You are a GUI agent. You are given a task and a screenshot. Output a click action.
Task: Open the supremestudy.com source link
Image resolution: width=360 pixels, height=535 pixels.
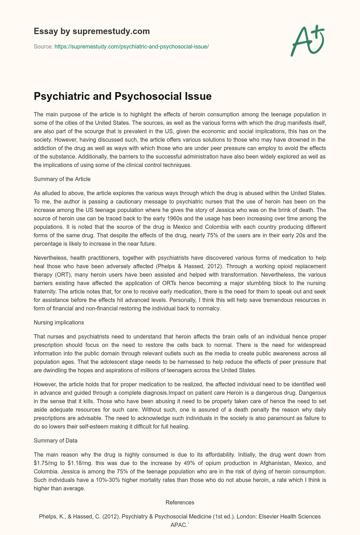131,46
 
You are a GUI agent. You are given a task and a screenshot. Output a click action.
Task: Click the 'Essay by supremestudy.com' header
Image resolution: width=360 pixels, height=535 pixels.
92,31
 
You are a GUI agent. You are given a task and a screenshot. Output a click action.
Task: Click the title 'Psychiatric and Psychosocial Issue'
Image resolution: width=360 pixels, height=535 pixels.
122,96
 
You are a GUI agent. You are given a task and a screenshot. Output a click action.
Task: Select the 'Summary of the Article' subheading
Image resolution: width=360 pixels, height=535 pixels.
62,179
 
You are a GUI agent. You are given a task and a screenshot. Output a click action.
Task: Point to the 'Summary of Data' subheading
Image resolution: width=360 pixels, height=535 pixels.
56,440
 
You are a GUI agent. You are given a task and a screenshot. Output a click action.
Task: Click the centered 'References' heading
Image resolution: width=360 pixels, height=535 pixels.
180,502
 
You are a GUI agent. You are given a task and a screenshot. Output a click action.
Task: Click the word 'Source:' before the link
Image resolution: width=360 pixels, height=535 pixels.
43,46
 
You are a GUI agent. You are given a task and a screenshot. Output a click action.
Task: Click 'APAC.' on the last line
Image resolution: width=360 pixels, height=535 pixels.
180,525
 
